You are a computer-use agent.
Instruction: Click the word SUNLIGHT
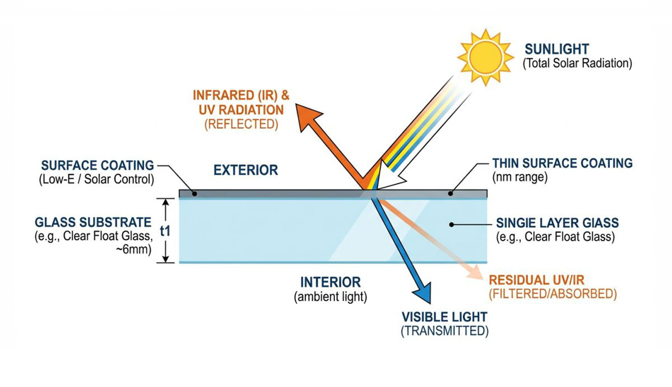[x=557, y=49]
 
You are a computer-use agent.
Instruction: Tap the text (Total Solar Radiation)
[x=577, y=63]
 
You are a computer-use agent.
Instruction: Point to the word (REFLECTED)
[x=241, y=124]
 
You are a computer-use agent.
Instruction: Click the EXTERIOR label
[x=246, y=170]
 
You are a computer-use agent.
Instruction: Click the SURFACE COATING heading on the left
[x=98, y=165]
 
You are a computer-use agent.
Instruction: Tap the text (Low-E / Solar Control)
[x=96, y=179]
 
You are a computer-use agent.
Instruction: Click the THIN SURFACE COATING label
[x=562, y=163]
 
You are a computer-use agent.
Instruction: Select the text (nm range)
[x=519, y=177]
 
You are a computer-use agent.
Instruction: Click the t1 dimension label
[x=165, y=231]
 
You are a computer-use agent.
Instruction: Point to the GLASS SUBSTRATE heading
[x=93, y=222]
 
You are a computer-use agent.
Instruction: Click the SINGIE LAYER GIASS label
[x=557, y=223]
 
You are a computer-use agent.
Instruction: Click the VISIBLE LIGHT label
[x=444, y=317]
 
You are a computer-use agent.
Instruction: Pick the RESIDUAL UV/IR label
[x=536, y=280]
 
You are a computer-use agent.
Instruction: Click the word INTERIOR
[x=330, y=282]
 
